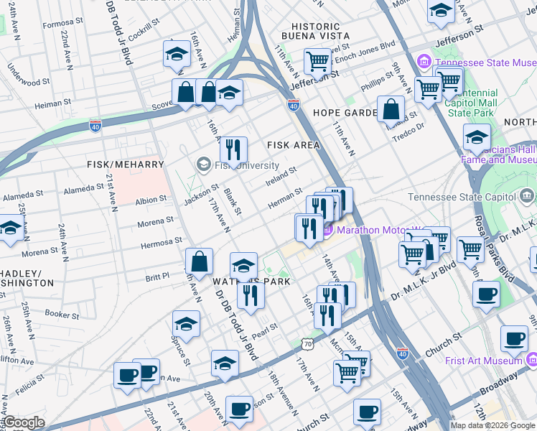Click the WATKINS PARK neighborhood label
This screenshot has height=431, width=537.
pos(251,282)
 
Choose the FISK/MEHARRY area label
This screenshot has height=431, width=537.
pos(126,164)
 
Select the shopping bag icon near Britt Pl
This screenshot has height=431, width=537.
pos(199,261)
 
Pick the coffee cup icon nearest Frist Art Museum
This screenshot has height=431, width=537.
pos(513,338)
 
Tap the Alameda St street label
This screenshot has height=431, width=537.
pos(83,190)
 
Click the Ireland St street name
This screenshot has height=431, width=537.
pos(281,175)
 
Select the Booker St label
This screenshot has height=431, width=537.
pos(62,314)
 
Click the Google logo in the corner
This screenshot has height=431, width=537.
pos(24,422)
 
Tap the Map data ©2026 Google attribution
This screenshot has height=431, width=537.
pos(492,425)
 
